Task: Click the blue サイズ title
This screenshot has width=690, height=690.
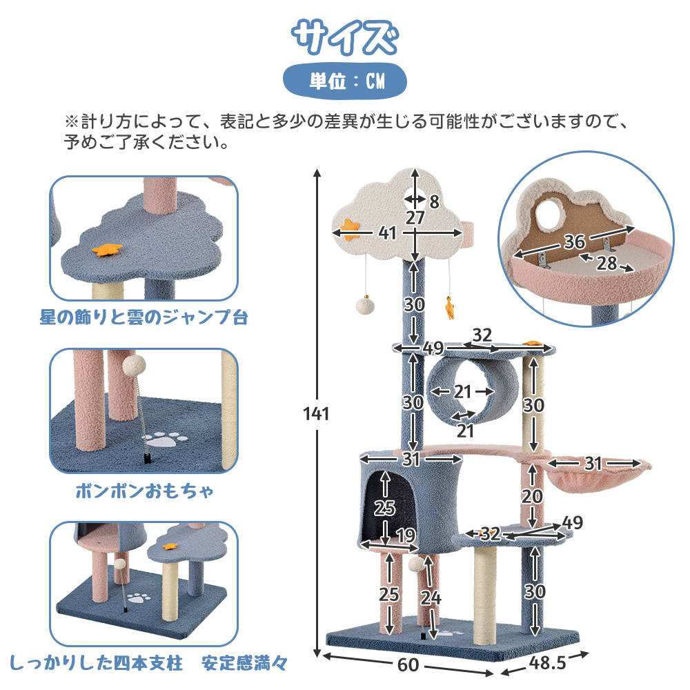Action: click(345, 37)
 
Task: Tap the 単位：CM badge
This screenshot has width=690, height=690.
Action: click(344, 81)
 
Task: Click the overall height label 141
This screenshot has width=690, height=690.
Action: click(316, 413)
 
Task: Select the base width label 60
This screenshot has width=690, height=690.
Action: click(408, 664)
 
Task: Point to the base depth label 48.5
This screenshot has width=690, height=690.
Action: click(547, 662)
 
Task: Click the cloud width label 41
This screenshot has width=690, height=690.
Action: click(387, 233)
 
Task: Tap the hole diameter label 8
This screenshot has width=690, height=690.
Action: click(434, 201)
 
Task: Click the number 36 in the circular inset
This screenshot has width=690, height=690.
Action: click(574, 241)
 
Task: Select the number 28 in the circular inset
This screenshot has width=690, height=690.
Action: click(607, 263)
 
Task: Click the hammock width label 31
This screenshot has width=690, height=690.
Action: click(593, 463)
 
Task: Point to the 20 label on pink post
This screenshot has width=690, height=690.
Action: click(532, 496)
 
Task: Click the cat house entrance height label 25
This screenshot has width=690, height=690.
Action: click(384, 508)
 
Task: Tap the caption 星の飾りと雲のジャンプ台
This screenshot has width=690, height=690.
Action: click(144, 317)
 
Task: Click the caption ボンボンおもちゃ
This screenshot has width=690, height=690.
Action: click(144, 491)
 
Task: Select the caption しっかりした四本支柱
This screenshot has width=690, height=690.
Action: click(97, 662)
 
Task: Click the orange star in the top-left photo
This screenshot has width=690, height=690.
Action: click(107, 249)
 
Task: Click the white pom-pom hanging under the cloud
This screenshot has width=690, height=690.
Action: click(365, 306)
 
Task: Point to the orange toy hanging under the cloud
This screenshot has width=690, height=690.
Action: click(449, 308)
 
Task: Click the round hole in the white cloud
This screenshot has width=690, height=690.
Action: click(415, 199)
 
